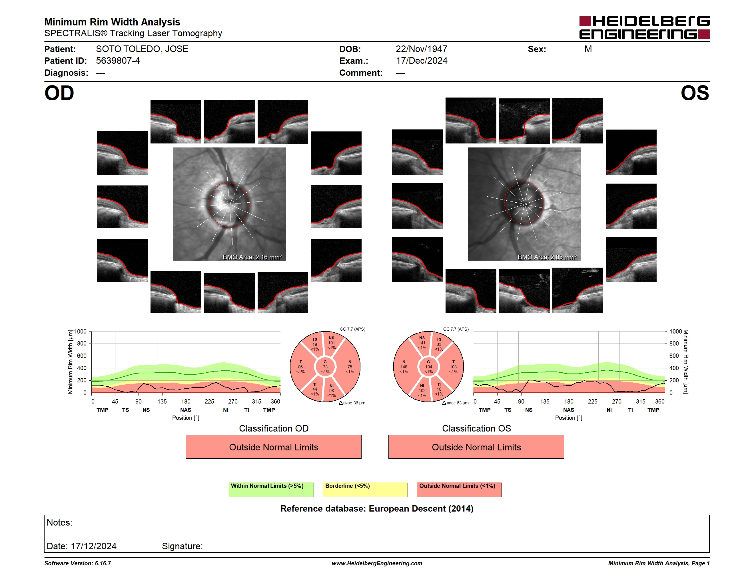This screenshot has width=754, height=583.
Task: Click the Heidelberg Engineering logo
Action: [644, 28]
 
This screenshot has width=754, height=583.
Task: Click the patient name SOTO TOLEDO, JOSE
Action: [142, 49]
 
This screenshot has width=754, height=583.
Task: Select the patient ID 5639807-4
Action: [118, 61]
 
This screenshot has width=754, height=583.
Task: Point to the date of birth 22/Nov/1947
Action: [421, 49]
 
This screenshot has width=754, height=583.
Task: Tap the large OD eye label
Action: [59, 93]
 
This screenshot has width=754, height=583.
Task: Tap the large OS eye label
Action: [695, 93]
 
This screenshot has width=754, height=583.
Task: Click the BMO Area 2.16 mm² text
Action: [252, 257]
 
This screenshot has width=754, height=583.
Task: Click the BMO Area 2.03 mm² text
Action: [547, 257]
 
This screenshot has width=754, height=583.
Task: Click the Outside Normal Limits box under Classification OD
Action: [273, 447]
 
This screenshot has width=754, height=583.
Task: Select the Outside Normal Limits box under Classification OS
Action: [476, 447]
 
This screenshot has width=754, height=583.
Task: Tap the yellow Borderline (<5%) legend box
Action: [365, 489]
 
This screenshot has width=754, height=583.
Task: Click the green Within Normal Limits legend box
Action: [271, 489]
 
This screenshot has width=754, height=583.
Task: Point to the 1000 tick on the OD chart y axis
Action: [81, 332]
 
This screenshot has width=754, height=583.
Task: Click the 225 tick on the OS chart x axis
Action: [592, 401]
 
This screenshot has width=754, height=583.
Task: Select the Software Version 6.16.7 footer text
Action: [78, 563]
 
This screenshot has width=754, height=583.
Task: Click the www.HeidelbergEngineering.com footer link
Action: [377, 563]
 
